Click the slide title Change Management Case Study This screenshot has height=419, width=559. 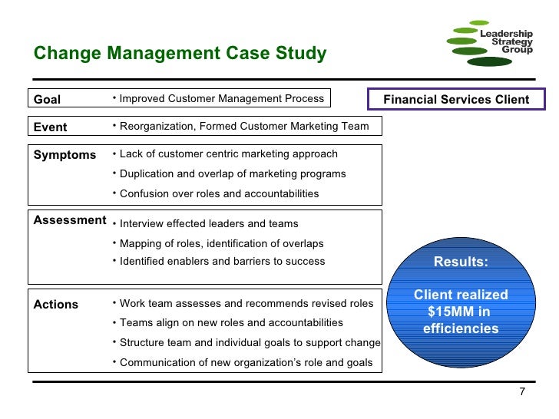(x=180, y=54)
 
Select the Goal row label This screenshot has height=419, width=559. (x=47, y=99)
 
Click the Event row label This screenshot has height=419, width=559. (x=50, y=127)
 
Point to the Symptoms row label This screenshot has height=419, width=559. (x=64, y=154)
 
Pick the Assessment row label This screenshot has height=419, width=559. (x=70, y=220)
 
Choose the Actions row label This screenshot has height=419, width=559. (x=56, y=304)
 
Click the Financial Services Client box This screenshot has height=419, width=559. (x=456, y=99)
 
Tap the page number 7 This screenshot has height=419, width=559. (x=522, y=392)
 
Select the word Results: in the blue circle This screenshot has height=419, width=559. (x=461, y=262)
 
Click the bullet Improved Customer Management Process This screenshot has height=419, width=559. (x=221, y=98)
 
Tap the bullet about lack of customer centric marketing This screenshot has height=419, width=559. (x=228, y=154)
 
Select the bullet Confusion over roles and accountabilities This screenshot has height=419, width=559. (x=219, y=193)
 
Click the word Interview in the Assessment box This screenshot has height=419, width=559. (x=141, y=223)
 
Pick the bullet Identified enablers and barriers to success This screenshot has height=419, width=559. (x=222, y=261)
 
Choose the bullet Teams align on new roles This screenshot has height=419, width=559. (x=231, y=322)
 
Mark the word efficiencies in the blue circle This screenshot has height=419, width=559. (x=461, y=329)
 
